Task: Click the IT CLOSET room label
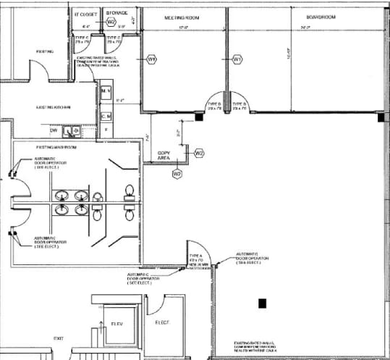(x=87, y=13)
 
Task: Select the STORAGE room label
(x=117, y=13)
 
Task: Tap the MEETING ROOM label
(x=183, y=16)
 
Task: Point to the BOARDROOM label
(x=305, y=16)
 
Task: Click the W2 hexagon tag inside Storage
(x=111, y=22)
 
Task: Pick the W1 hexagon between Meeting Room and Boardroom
(x=237, y=58)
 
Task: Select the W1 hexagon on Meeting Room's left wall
(x=152, y=58)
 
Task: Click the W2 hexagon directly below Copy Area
(x=177, y=173)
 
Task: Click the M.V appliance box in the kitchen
(x=106, y=91)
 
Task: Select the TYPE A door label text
(x=195, y=256)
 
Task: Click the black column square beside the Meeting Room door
(x=198, y=114)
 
